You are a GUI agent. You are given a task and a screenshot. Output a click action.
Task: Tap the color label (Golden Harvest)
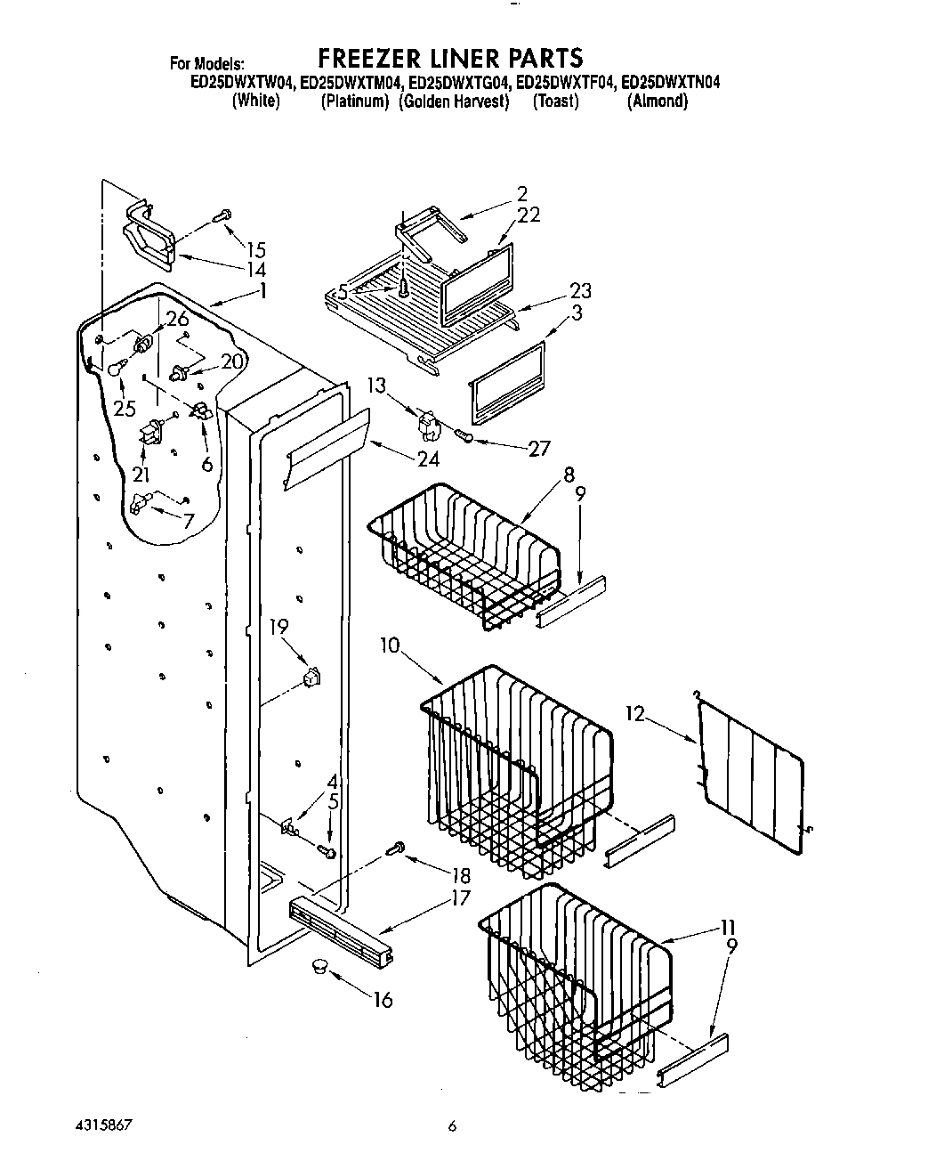454,101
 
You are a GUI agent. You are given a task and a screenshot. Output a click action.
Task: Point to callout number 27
539,448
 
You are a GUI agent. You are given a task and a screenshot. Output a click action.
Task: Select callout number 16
382,1000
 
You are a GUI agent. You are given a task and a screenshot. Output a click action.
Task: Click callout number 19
278,626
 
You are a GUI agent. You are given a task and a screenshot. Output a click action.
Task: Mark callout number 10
391,645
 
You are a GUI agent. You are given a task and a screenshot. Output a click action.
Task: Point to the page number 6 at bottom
452,1126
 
